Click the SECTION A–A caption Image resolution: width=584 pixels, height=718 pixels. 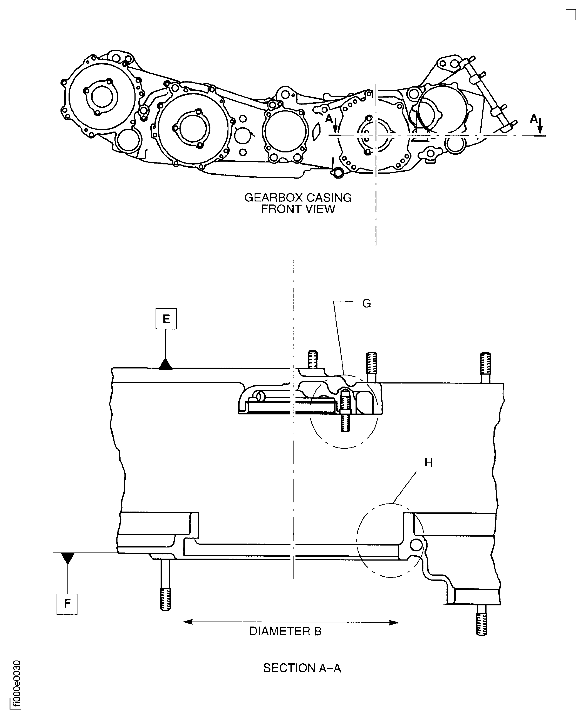tap(302, 668)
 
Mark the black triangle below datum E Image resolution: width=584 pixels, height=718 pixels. tap(166, 365)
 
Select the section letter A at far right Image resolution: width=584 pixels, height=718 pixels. tap(534, 119)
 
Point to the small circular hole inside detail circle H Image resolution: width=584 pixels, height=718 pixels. tap(416, 544)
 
